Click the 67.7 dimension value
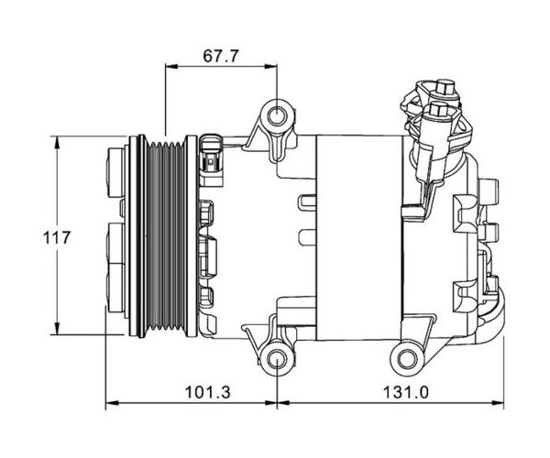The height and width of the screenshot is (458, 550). pos(221,56)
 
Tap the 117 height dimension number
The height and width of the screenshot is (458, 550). pos(57,237)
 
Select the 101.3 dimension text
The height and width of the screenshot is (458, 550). pos(208,392)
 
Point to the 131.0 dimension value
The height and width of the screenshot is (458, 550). pos(405,392)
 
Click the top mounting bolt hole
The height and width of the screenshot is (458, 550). pos(277,116)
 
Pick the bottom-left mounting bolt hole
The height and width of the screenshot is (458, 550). pos(277,359)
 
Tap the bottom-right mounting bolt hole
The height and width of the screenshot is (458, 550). pos(407,359)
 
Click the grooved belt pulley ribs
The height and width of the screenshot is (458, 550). pos(166,235)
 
